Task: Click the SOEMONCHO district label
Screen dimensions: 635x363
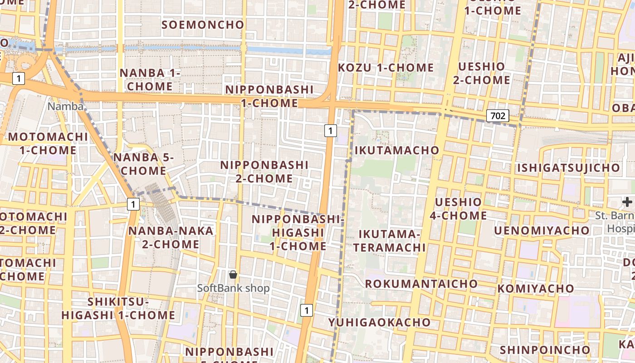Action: pyautogui.click(x=203, y=25)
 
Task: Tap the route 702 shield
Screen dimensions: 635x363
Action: pyautogui.click(x=498, y=116)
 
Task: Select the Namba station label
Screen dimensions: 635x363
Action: pyautogui.click(x=66, y=106)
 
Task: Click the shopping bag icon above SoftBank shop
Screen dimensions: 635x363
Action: pyautogui.click(x=233, y=275)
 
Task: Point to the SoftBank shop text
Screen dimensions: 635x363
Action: pyautogui.click(x=233, y=288)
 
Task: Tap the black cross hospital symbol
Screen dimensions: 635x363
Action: pyautogui.click(x=627, y=202)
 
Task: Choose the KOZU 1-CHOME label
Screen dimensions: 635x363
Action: pyautogui.click(x=386, y=68)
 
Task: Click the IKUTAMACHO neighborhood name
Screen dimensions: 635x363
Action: pyautogui.click(x=396, y=150)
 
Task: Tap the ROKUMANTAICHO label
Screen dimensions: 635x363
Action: pyautogui.click(x=421, y=284)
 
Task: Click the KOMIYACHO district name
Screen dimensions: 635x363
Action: pyautogui.click(x=536, y=289)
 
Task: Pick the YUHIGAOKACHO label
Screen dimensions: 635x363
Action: pyautogui.click(x=379, y=322)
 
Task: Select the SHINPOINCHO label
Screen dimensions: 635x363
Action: pyautogui.click(x=545, y=350)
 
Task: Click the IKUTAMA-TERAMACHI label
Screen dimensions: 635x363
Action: pyautogui.click(x=390, y=240)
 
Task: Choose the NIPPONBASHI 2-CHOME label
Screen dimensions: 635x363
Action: pyautogui.click(x=264, y=172)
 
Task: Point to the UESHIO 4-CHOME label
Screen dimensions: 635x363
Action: pyautogui.click(x=458, y=208)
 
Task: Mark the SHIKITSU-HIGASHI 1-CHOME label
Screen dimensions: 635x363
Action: pyautogui.click(x=118, y=308)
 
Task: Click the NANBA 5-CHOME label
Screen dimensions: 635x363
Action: pyautogui.click(x=143, y=164)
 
